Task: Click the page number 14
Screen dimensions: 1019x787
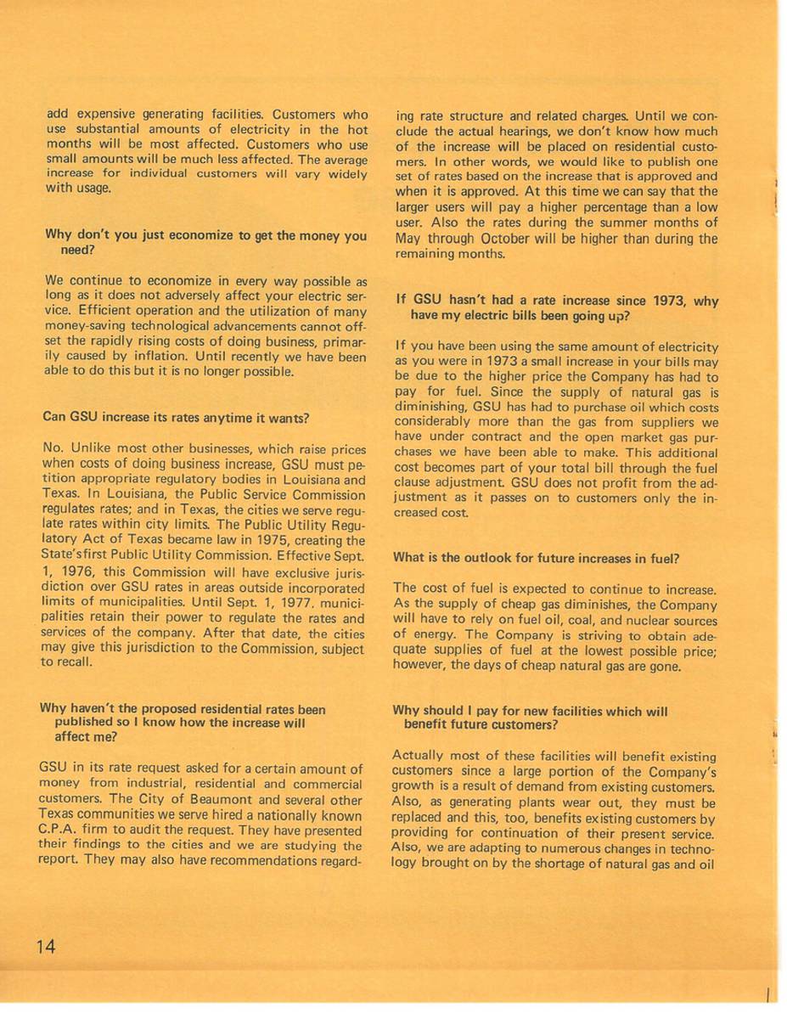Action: coord(46,947)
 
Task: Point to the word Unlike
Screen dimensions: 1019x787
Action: coord(86,449)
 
